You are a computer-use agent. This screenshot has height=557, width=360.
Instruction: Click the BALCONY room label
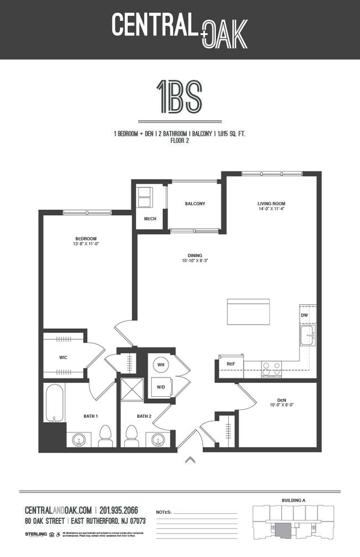(x=195, y=203)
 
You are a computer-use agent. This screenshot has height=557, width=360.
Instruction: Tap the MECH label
(x=150, y=219)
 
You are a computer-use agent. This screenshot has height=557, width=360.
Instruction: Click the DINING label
(x=194, y=255)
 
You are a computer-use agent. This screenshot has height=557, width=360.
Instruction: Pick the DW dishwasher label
(x=304, y=315)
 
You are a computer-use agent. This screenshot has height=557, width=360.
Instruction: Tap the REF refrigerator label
(x=231, y=364)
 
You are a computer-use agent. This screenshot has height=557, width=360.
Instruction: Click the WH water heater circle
(x=162, y=365)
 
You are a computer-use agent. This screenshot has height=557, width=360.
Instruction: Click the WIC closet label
(x=64, y=357)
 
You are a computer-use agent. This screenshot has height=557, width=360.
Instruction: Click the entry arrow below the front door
(x=190, y=459)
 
